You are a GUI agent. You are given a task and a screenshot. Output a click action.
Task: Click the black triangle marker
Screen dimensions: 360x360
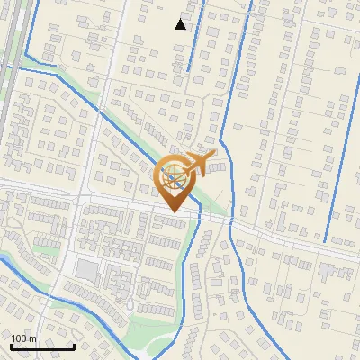click(x=181, y=23)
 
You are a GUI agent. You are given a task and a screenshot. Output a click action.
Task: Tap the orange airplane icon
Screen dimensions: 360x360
click(x=200, y=162)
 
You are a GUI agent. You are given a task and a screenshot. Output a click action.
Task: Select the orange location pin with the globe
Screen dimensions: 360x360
click(x=172, y=179)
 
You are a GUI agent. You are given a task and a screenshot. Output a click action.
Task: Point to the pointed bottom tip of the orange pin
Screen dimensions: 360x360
click(x=172, y=211)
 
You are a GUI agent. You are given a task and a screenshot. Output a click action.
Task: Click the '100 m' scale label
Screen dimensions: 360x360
click(x=23, y=338)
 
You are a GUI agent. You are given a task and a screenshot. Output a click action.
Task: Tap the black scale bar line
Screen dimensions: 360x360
click(x=42, y=346)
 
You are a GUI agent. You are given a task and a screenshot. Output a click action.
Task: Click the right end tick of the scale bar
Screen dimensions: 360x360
click(x=74, y=345)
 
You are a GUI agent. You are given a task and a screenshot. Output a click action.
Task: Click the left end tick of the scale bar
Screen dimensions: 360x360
click(x=11, y=345)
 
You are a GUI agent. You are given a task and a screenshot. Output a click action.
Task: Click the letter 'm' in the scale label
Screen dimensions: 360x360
click(x=32, y=338)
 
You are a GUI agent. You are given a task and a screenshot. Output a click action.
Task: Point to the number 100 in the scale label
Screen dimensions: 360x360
click(x=19, y=338)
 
